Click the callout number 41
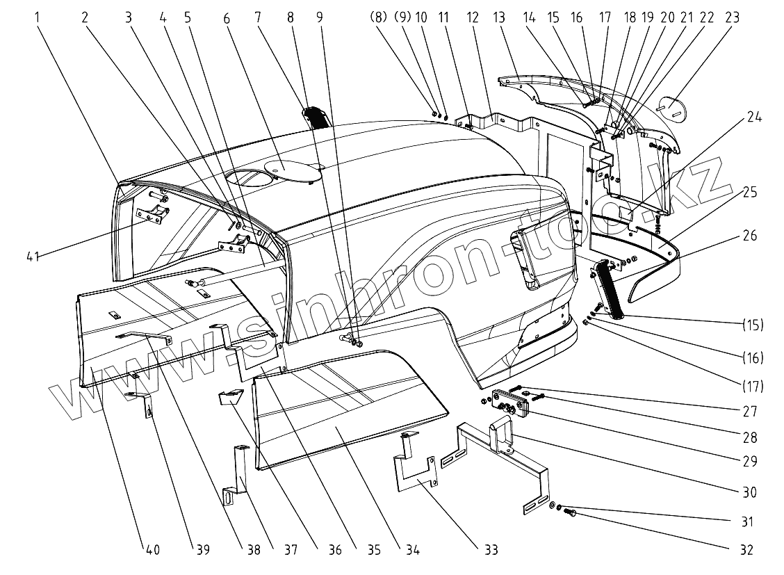(x=33, y=257)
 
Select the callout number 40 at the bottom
(x=152, y=550)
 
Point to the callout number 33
(x=491, y=550)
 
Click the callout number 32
(x=746, y=549)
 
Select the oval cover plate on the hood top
(x=287, y=167)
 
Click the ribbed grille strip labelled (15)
(x=610, y=288)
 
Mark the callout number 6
(x=227, y=19)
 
